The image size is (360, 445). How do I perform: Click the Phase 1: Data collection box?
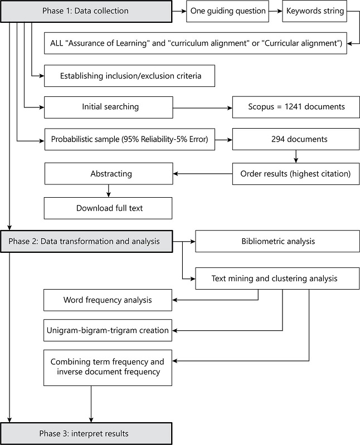pyautogui.click(x=86, y=11)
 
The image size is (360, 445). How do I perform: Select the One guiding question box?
pyautogui.click(x=228, y=11)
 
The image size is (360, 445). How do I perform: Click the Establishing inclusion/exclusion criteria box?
pyautogui.click(x=129, y=76)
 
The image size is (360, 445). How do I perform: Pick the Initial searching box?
pyautogui.click(x=108, y=107)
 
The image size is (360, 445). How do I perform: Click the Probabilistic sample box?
pyautogui.click(x=129, y=140)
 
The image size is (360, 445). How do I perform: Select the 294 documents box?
pyautogui.click(x=295, y=140)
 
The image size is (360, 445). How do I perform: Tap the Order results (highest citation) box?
pyautogui.click(x=295, y=174)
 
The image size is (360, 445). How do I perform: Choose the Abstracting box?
pyautogui.click(x=108, y=174)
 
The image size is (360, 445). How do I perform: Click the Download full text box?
pyautogui.click(x=108, y=208)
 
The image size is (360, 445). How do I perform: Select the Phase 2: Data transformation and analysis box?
pyautogui.click(x=86, y=241)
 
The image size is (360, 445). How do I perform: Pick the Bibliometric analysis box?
pyautogui.click(x=278, y=241)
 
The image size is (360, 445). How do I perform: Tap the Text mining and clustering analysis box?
pyautogui.click(x=278, y=277)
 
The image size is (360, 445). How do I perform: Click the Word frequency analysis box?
pyautogui.click(x=108, y=300)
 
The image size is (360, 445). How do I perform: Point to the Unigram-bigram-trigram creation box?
pyautogui.click(x=108, y=330)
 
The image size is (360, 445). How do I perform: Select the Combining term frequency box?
pyautogui.click(x=108, y=366)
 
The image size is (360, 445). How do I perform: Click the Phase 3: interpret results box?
pyautogui.click(x=86, y=433)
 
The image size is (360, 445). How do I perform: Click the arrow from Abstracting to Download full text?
pyautogui.click(x=108, y=191)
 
